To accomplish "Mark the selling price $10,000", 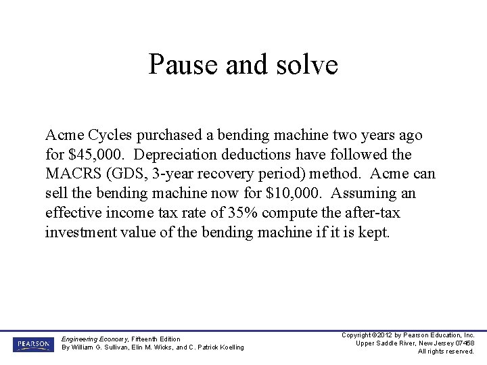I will tap(292, 194).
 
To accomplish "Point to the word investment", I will tap(78, 233).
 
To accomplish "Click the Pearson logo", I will tap(32, 344).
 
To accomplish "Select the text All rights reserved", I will tap(446, 351).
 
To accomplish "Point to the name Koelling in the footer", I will tap(228, 347).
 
